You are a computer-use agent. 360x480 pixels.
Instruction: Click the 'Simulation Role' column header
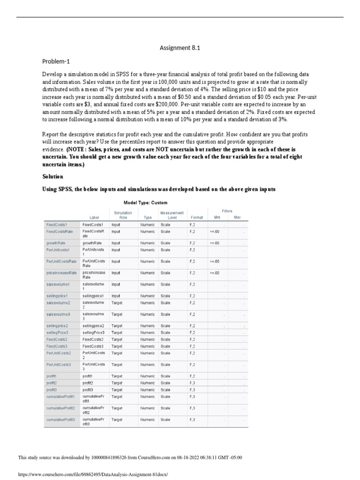123,215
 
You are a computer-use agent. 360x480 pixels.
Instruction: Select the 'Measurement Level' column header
172,215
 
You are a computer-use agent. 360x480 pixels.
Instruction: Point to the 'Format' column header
197,217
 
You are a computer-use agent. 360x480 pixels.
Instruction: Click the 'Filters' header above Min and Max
227,211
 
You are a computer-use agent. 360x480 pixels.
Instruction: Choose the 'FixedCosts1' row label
57,225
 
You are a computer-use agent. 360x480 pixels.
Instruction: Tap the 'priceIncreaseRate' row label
61,273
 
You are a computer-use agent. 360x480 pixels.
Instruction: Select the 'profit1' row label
51,376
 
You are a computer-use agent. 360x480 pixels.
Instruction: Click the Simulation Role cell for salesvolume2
117,303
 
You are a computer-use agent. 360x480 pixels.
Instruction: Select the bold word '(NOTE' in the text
77,149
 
